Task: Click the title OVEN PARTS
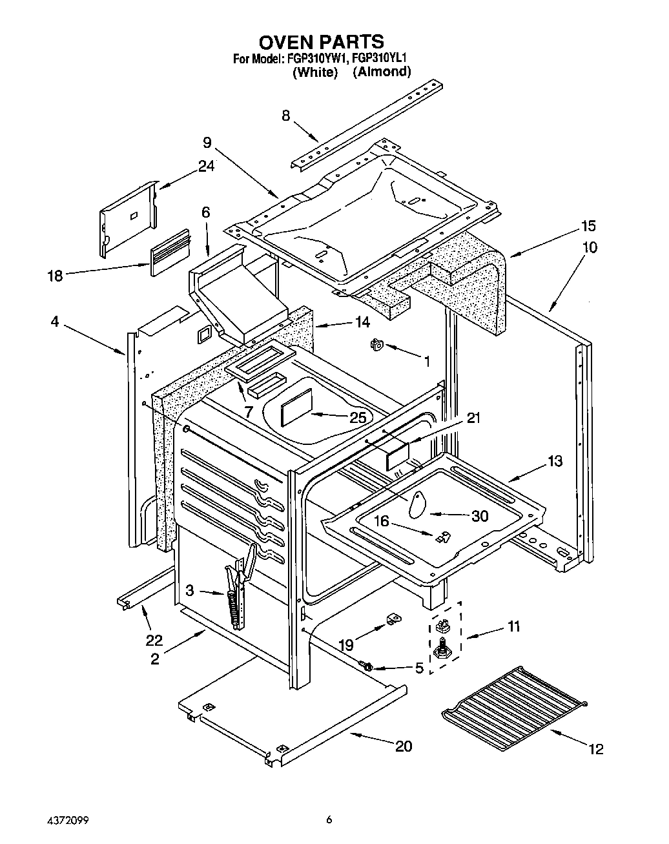pyautogui.click(x=321, y=43)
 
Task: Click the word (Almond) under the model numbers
pyautogui.click(x=382, y=72)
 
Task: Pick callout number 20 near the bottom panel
pyautogui.click(x=403, y=746)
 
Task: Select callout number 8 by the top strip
pyautogui.click(x=285, y=116)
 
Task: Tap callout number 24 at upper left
pyautogui.click(x=206, y=166)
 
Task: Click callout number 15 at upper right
pyautogui.click(x=588, y=226)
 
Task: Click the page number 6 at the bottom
pyautogui.click(x=329, y=821)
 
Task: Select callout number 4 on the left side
pyautogui.click(x=55, y=321)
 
